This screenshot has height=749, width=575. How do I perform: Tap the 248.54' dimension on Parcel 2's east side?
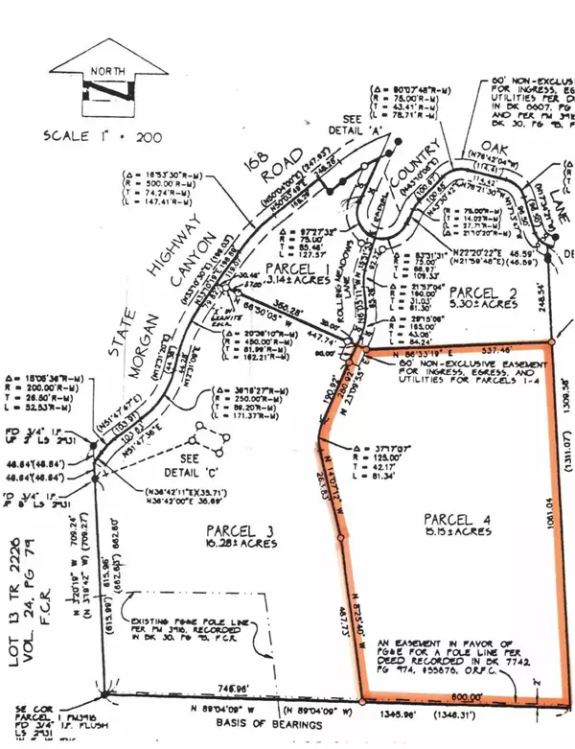[x=554, y=304]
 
